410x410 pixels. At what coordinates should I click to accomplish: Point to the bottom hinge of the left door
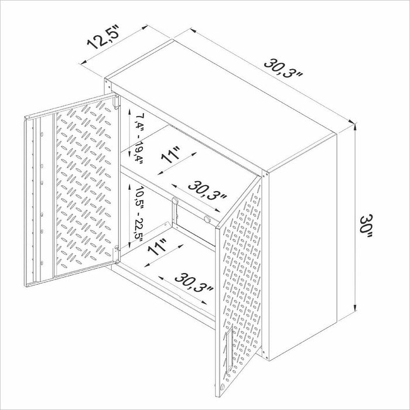[117, 250]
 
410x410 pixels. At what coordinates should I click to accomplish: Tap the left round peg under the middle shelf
[173, 201]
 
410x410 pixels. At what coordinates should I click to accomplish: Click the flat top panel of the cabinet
[223, 94]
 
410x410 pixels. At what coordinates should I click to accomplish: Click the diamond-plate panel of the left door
[82, 187]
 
